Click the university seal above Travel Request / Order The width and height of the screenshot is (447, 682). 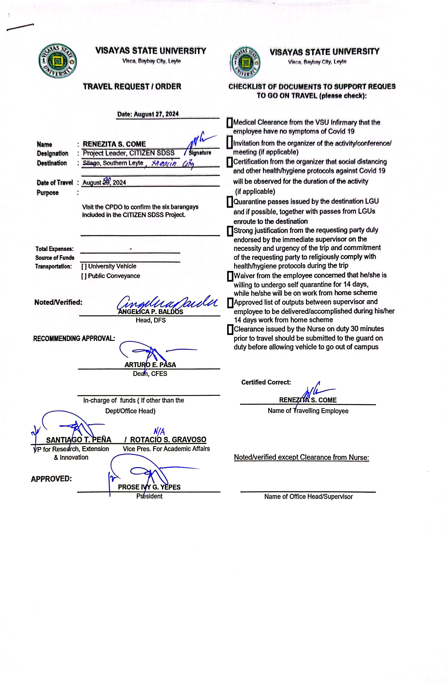coord(58,61)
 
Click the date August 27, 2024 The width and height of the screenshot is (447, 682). coord(148,114)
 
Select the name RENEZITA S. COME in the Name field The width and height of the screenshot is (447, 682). coord(114,144)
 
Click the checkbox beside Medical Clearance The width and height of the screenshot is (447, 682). coord(229,123)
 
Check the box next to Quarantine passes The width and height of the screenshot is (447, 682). coord(229,202)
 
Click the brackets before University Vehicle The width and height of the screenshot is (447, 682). coord(84,266)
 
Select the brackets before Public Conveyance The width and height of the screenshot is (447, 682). coord(84,276)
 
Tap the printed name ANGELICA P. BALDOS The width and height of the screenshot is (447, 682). coord(150,312)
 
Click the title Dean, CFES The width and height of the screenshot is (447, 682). coord(150,374)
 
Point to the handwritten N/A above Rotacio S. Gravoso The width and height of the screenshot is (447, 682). coord(159,431)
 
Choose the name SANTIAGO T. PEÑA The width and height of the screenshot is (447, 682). coord(79,440)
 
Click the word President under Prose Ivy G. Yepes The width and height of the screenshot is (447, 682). coord(149,496)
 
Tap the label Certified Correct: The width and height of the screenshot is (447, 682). coord(266,382)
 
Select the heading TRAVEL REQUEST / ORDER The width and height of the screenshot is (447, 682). coord(132,86)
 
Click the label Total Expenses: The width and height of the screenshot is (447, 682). coord(54,249)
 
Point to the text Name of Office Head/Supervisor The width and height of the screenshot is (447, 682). coord(308,497)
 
